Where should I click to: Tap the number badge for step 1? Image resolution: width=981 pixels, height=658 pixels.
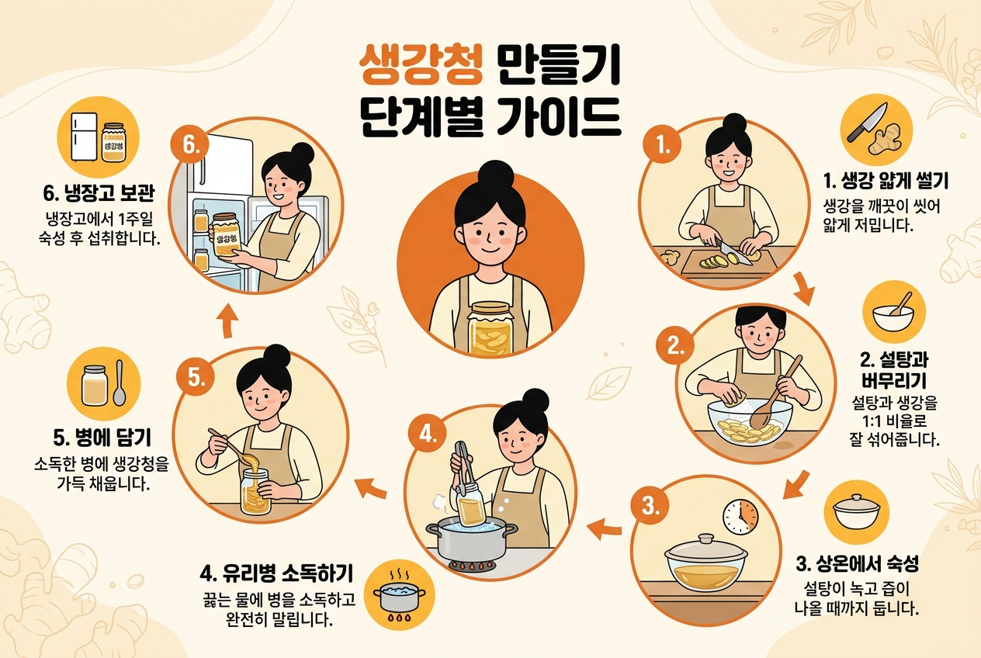tap(663, 145)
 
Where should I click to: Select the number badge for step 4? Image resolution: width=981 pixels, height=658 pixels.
tap(427, 435)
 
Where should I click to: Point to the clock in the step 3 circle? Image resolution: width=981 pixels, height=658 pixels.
tap(740, 517)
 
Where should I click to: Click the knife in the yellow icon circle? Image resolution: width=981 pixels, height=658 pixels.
tap(861, 123)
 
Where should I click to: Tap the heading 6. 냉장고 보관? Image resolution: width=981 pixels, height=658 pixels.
tap(99, 193)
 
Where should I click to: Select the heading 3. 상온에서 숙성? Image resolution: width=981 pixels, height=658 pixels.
tap(857, 563)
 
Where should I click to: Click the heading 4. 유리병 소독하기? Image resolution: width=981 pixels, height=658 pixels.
tap(276, 573)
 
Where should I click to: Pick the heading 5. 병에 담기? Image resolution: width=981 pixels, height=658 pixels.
tap(102, 438)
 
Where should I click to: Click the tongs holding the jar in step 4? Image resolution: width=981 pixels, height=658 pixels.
tap(464, 466)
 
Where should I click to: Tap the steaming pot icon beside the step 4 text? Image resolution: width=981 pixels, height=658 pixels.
tap(399, 596)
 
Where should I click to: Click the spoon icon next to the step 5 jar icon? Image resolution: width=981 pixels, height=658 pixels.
tap(119, 383)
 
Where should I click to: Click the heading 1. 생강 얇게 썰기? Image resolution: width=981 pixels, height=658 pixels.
tap(886, 182)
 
